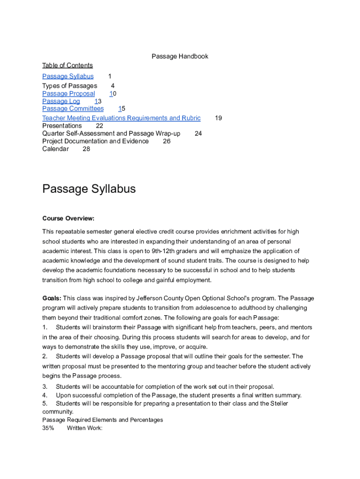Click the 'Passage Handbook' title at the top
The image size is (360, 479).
coord(180,56)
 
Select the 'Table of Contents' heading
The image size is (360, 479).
coord(67,65)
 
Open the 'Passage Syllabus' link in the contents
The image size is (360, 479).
coord(68,76)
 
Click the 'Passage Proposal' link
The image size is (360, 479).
coord(68,94)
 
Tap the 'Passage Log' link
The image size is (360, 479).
coord(61,101)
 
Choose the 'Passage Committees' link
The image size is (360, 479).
coord(73,109)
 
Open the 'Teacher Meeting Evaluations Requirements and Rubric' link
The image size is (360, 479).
coord(121,118)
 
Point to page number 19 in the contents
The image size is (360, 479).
coord(218,118)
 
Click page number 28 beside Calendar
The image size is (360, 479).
coord(86,149)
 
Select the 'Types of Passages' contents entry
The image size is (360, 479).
coord(70,86)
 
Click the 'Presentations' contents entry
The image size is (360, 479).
coord(62,125)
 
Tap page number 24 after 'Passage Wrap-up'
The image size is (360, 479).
coord(198,133)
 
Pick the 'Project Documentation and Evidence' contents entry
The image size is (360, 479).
coord(95,141)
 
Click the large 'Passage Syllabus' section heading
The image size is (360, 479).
coord(89,189)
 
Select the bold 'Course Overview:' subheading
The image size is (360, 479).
coord(68,218)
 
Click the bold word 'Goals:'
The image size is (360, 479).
coord(51,298)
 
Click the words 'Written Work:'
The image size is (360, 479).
coord(85,428)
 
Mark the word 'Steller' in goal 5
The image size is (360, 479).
coord(278,403)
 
